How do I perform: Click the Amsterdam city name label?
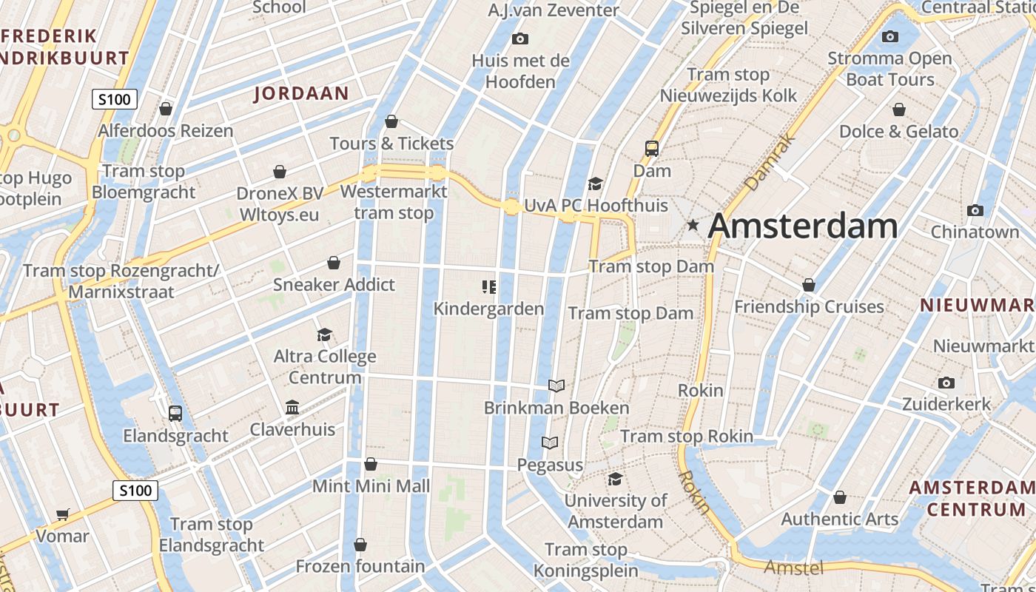[803, 226]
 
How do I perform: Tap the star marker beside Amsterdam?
[693, 224]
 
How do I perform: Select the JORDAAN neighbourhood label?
[301, 93]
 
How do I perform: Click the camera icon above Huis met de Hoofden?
[520, 38]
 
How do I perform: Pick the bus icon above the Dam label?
[652, 149]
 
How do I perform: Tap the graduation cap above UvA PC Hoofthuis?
[595, 184]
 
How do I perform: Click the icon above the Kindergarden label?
[488, 286]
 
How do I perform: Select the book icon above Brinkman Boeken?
[556, 386]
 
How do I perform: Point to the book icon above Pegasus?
[550, 443]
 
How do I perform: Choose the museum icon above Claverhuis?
[292, 408]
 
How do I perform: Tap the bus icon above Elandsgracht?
[175, 414]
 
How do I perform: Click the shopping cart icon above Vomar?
[63, 514]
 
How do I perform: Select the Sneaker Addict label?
[334, 285]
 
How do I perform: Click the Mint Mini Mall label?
[371, 486]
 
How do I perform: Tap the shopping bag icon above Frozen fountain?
[360, 545]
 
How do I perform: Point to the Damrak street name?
[770, 161]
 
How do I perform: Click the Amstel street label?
[793, 568]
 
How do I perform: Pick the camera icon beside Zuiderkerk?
[946, 383]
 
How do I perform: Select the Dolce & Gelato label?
[898, 132]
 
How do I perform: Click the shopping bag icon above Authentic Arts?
[839, 497]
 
